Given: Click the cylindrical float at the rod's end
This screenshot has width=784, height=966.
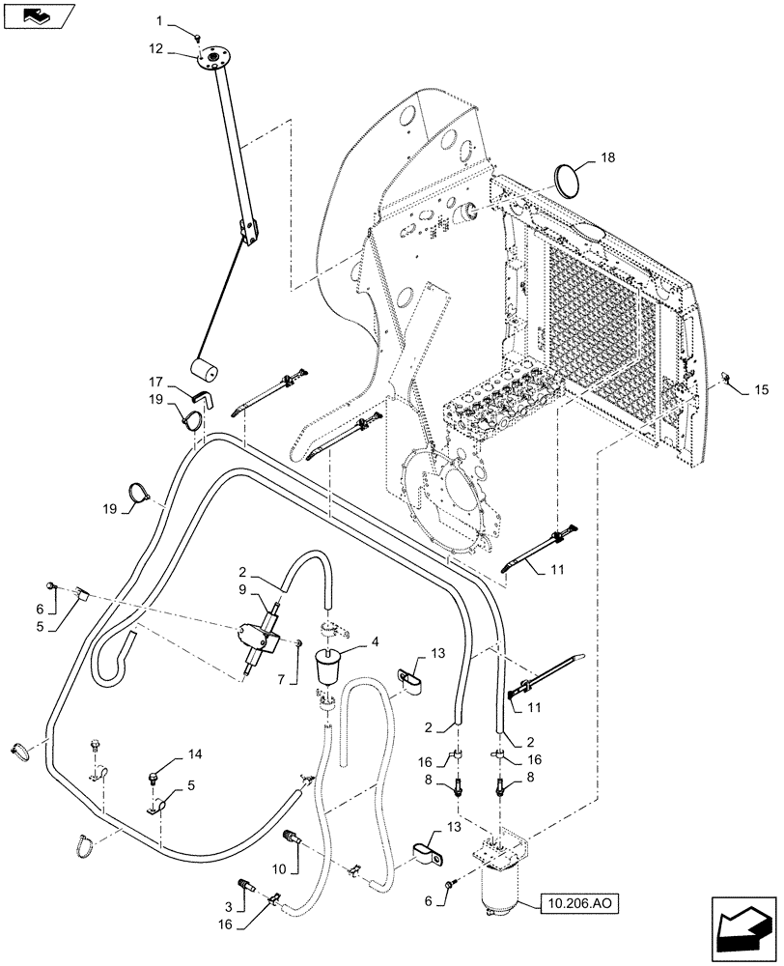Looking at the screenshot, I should tap(206, 370).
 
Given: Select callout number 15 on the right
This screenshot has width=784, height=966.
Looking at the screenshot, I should tap(761, 389).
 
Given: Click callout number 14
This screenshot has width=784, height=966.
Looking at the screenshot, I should tap(196, 753).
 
